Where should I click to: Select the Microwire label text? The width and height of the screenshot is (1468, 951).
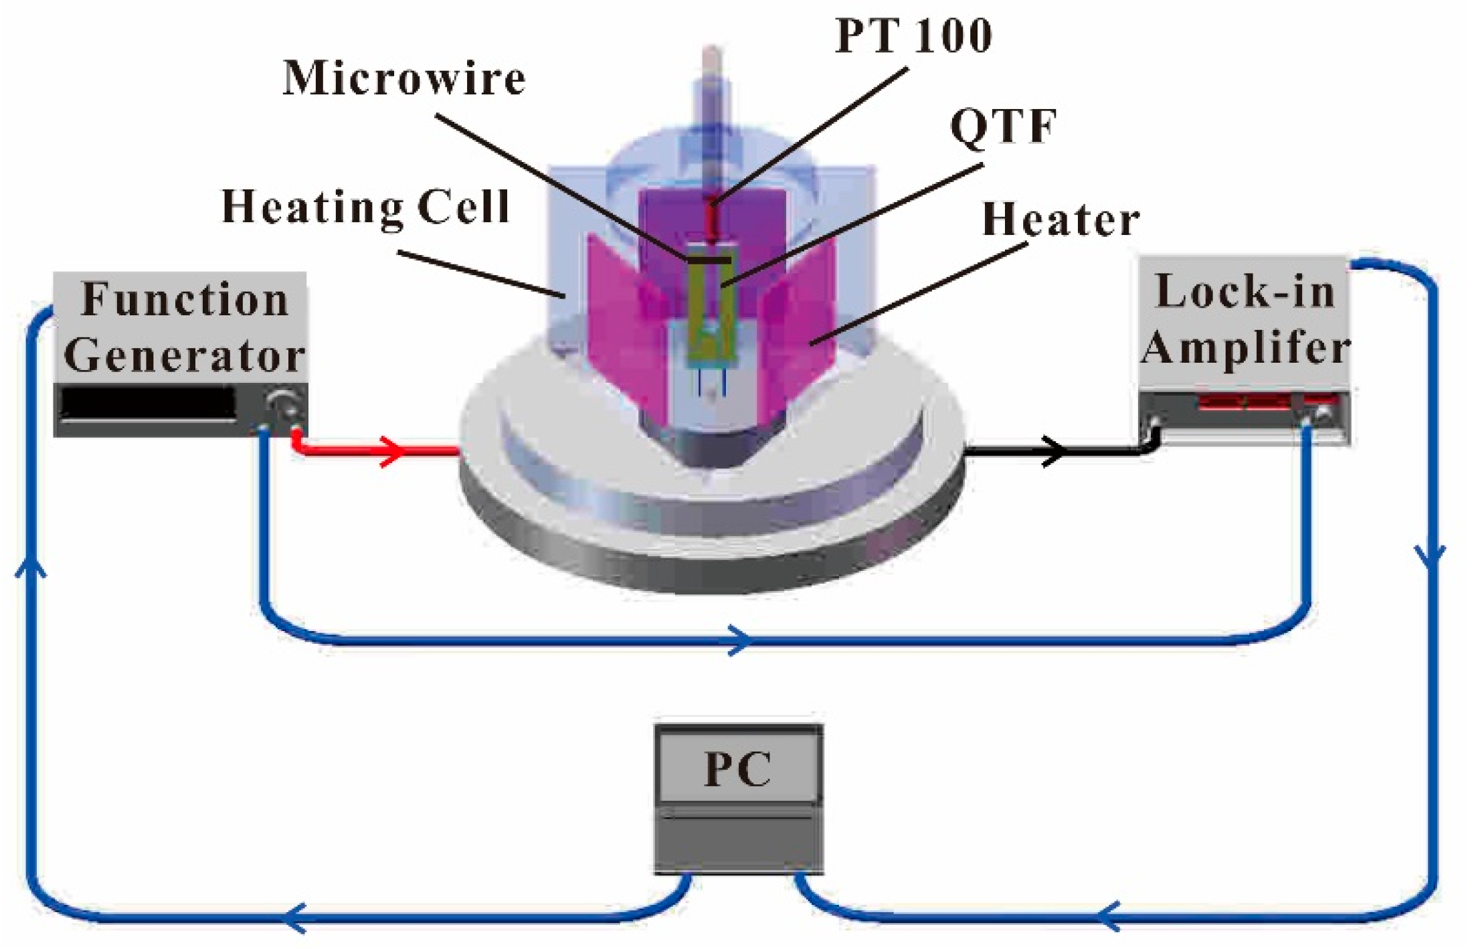[x=404, y=79]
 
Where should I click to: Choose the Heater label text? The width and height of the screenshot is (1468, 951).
[x=1061, y=220]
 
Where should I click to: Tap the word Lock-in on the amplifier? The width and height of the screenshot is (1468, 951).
[x=1245, y=292]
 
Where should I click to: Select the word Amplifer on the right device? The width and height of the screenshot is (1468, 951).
[x=1245, y=348]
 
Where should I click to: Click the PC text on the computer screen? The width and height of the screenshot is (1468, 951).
[x=737, y=769]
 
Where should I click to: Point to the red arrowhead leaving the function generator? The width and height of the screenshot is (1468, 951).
[x=395, y=450]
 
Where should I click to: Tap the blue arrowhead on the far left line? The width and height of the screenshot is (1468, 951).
[x=31, y=569]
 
